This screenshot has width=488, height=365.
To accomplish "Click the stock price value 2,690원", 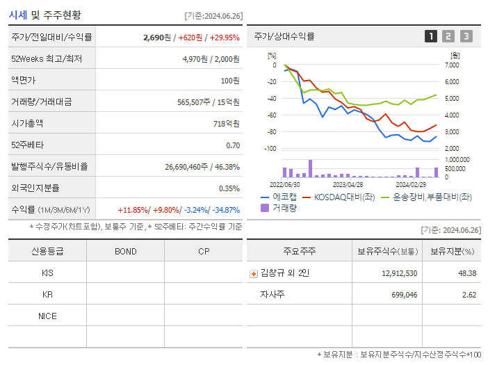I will pos(156,38).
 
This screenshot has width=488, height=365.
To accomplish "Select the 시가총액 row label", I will pos(27,124).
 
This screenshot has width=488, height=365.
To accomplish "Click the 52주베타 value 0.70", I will pos(233,145).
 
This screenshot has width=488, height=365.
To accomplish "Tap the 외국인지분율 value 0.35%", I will pos(229,188).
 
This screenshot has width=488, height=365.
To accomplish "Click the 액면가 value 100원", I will pos(229,81).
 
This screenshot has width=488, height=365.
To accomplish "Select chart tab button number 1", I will pos(431,37).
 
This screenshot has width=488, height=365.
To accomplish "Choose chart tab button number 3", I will pos(466,37).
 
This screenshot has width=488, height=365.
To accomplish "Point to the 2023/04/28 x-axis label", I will pos(348,185).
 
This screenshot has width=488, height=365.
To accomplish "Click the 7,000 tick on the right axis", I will pos(451,65).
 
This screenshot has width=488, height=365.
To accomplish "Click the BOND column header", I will pos(125,252).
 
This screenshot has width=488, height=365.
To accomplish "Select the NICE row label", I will pos(47,316).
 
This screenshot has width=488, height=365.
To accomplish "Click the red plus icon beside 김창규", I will pos(253,274).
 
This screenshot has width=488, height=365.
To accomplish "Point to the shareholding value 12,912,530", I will pos(399,274).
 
